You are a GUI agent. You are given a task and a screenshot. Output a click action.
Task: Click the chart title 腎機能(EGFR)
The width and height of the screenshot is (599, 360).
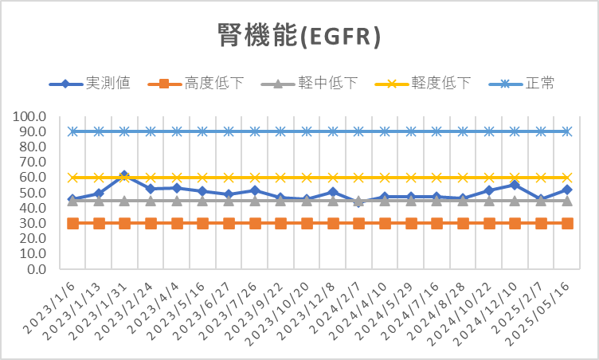pos(299,36)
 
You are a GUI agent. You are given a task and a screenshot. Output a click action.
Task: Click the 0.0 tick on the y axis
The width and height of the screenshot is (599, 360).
pos(36,269)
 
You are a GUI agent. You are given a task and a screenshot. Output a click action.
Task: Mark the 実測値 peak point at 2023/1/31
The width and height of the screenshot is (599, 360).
pos(124,175)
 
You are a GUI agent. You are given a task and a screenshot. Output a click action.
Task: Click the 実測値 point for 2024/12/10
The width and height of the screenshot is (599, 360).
pos(515,185)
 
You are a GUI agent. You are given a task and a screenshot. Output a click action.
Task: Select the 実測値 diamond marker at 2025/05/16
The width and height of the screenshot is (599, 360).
pos(566,190)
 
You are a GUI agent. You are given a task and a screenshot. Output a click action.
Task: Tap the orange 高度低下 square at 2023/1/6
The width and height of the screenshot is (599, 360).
pos(72,223)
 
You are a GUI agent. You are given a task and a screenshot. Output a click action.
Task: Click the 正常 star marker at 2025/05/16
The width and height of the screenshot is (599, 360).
pos(566,131)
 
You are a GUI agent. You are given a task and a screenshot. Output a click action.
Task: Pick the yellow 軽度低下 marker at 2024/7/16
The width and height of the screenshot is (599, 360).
pos(437,178)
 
